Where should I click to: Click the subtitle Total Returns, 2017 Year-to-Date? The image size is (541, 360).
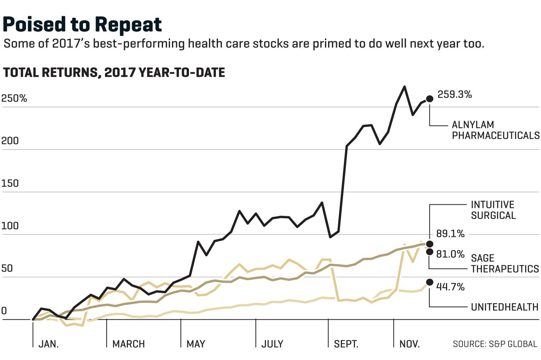pos(114,73)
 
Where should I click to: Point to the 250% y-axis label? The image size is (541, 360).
pos(14,98)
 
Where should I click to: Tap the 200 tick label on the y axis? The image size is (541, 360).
pos(10,141)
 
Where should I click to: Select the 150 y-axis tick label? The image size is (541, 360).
pos(10,183)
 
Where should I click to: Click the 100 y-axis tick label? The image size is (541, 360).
pos(10,226)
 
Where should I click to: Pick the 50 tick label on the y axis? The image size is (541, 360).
pos(7,268)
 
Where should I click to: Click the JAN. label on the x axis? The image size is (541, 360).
pos(49,344)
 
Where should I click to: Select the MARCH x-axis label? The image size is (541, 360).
pos(128,344)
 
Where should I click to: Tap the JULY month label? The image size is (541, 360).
pos(272,344)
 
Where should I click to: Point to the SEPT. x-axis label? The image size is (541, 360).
pos(346,344)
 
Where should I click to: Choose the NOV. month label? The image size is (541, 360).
pos(410,344)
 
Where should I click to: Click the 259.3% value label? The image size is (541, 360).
pos(454,94)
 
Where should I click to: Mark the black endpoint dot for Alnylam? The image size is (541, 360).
pos(430,98)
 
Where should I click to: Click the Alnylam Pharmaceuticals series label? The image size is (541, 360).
pos(495,130)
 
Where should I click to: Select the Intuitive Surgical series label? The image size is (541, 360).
pos(493,210)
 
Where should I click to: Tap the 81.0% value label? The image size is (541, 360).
pos(450,254)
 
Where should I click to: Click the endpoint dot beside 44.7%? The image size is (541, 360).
pos(430,282)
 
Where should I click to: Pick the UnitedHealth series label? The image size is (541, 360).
pos(505,307)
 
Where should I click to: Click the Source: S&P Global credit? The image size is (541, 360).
pos(495,344)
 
